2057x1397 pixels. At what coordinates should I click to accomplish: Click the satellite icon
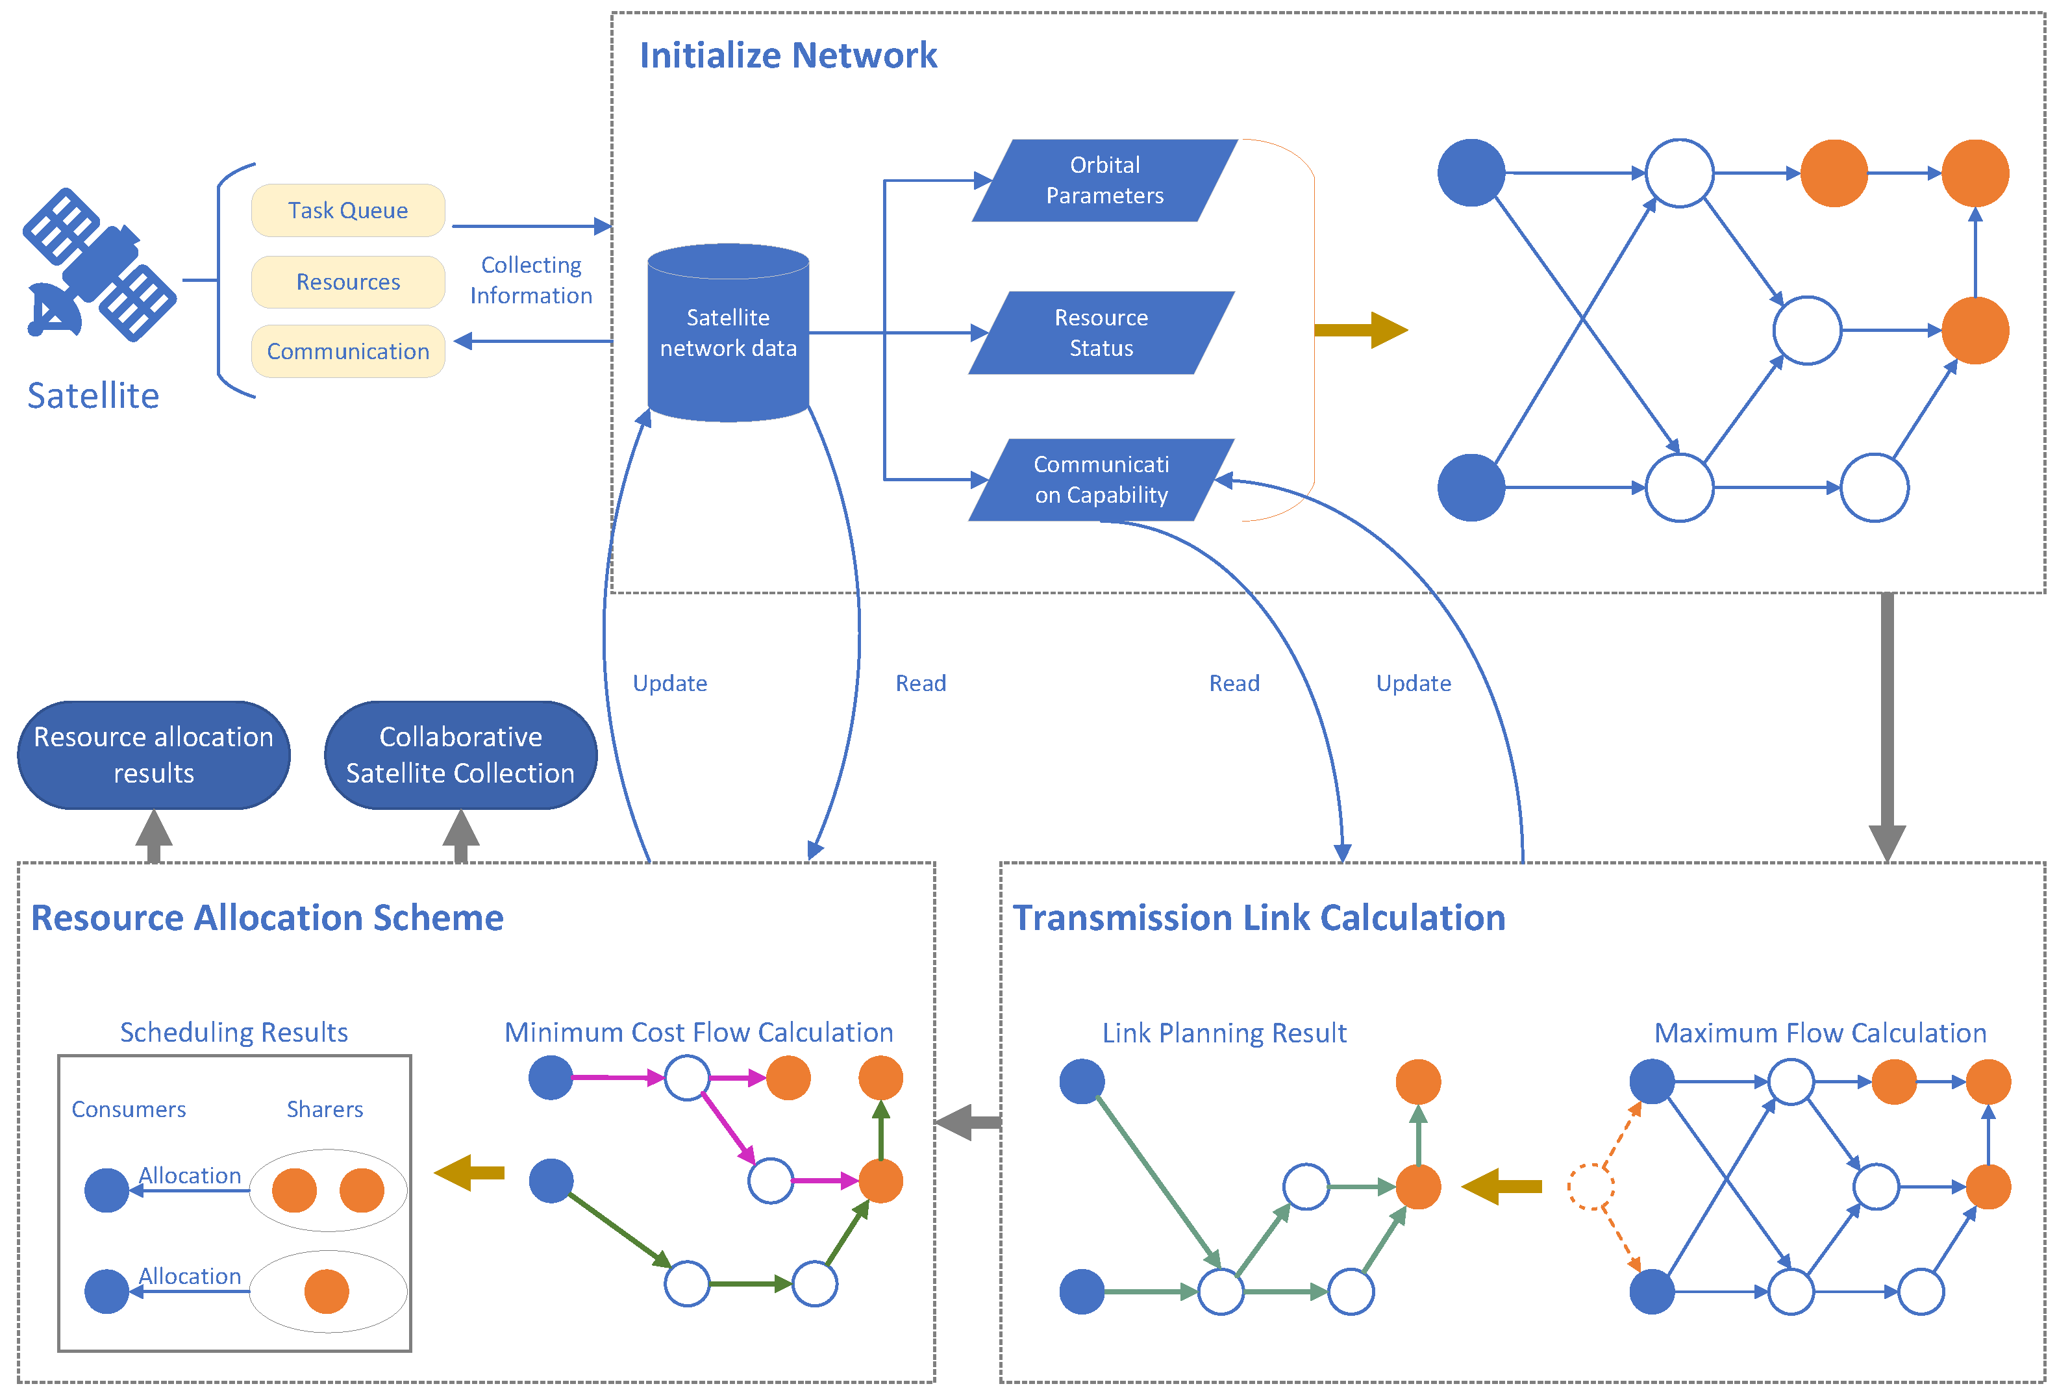[x=99, y=266]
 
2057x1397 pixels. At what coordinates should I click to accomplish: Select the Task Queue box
[x=348, y=210]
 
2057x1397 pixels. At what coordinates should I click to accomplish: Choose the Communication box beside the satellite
[x=348, y=351]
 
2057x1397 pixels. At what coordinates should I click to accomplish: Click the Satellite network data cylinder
[x=728, y=334]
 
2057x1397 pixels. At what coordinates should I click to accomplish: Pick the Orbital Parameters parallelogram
[x=1104, y=181]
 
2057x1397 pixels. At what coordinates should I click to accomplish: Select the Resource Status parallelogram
[x=1101, y=333]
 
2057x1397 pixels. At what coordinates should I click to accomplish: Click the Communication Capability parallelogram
[x=1101, y=480]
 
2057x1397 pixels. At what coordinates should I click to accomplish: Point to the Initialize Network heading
[x=788, y=56]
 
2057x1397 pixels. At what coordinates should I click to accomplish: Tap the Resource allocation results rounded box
[x=153, y=755]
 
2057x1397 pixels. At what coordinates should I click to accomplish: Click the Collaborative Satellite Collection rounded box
[x=460, y=755]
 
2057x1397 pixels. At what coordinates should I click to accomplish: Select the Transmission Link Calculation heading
[x=1258, y=918]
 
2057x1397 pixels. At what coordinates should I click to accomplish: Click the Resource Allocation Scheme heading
[x=268, y=918]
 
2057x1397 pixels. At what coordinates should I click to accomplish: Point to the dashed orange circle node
[x=1591, y=1187]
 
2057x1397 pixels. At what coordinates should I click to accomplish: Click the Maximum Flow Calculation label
[x=1820, y=1033]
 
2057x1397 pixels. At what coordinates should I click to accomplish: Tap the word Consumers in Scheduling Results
[x=129, y=1109]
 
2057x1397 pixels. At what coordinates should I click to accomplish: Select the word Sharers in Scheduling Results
[x=325, y=1109]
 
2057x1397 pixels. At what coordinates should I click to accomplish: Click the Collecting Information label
[x=531, y=280]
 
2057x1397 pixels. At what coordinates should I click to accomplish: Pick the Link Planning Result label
[x=1224, y=1033]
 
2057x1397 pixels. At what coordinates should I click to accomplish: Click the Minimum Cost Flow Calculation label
[x=699, y=1032]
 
